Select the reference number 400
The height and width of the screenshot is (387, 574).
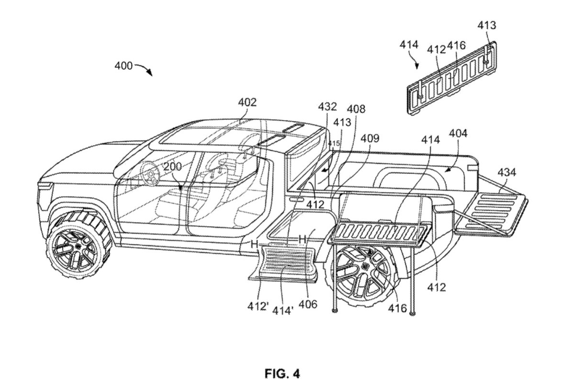tap(124, 66)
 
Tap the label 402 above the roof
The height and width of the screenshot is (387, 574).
tap(248, 102)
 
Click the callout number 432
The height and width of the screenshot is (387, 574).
tap(327, 107)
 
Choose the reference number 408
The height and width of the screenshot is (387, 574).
tap(356, 109)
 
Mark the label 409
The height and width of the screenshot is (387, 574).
tap(370, 138)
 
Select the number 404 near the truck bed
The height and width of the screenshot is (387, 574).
tap(458, 133)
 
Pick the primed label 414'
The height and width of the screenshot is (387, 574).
tap(282, 310)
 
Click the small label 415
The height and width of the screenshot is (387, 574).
tap(334, 143)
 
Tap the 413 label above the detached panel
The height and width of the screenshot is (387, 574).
tap(486, 25)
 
